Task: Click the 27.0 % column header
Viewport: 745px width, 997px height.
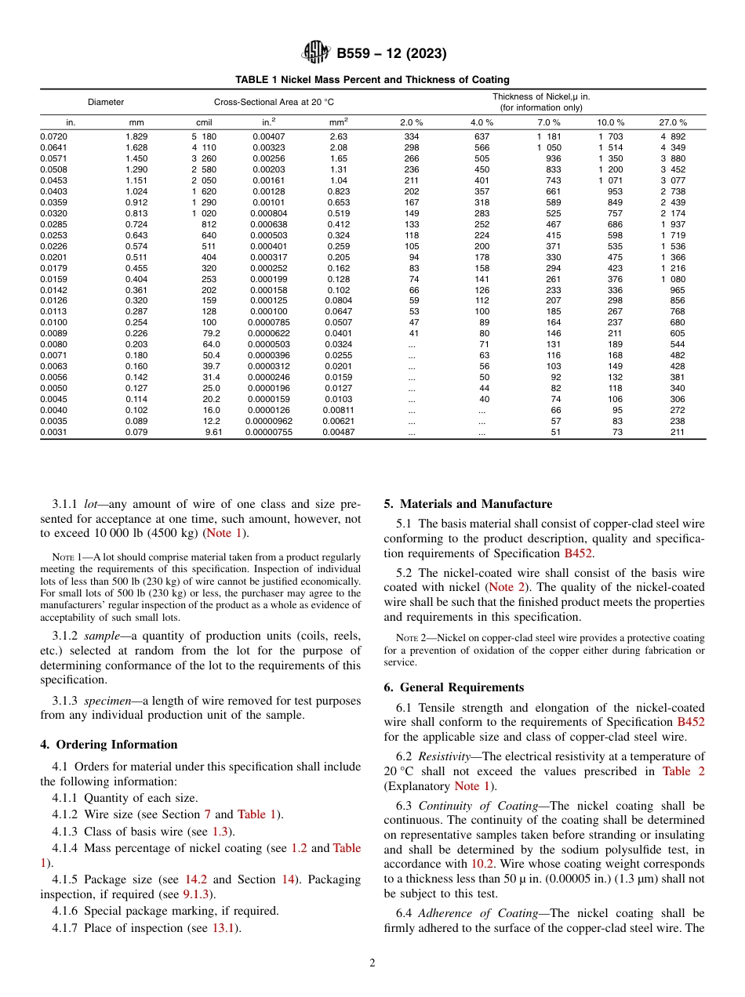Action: pyautogui.click(x=673, y=122)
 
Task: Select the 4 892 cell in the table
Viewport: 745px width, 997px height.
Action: pyautogui.click(x=674, y=136)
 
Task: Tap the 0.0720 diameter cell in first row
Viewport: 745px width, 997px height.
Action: pyautogui.click(x=53, y=136)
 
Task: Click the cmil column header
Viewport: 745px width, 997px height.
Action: pyautogui.click(x=204, y=122)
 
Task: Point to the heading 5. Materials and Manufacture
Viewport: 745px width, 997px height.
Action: pyautogui.click(x=467, y=504)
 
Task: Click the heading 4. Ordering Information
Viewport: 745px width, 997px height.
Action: pyautogui.click(x=109, y=745)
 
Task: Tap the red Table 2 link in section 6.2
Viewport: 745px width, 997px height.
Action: pyautogui.click(x=683, y=771)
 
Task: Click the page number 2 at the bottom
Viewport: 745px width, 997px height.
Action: pyautogui.click(x=372, y=963)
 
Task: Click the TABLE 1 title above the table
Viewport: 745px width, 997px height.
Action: pyautogui.click(x=372, y=79)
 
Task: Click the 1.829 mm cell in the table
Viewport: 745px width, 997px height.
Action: pyautogui.click(x=136, y=136)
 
